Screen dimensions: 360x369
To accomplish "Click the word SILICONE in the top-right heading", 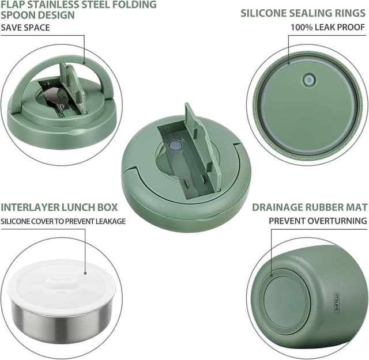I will click(x=263, y=12).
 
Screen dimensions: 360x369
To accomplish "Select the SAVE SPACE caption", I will click(x=25, y=27).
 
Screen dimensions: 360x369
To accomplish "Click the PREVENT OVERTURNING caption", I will click(x=318, y=221).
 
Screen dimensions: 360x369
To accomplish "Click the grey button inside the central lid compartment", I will click(x=173, y=147).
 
